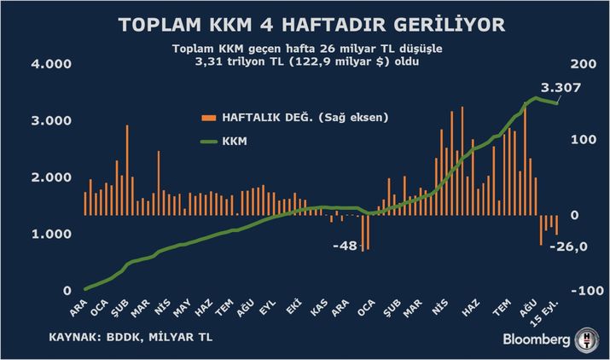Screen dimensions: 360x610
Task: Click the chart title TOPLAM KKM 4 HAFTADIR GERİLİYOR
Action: (x=305, y=26)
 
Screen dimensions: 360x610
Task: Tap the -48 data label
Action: (x=344, y=246)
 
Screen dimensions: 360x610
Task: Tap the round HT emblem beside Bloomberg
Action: (x=587, y=338)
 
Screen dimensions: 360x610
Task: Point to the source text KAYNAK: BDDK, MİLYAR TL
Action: (x=131, y=338)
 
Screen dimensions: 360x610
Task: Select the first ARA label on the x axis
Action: (x=77, y=305)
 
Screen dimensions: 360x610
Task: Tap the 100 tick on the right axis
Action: (x=580, y=140)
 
